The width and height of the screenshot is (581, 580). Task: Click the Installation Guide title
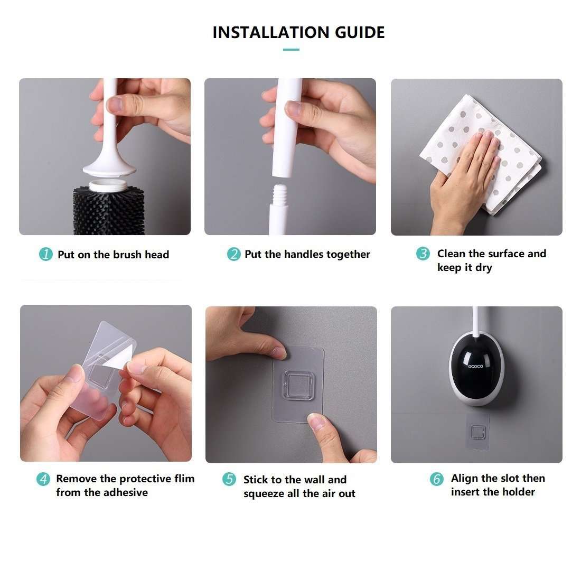(298, 32)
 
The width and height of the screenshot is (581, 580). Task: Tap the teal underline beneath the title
(291, 50)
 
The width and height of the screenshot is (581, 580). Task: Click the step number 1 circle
(46, 254)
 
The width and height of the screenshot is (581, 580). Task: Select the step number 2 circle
(233, 254)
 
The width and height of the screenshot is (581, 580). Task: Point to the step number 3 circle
(423, 254)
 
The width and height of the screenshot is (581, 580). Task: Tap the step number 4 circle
(43, 479)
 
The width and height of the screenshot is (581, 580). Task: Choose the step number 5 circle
(229, 480)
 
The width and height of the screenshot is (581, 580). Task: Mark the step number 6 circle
(436, 479)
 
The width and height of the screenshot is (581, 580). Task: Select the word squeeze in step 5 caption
(264, 494)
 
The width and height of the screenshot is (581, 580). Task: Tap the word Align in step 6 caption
(465, 479)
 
